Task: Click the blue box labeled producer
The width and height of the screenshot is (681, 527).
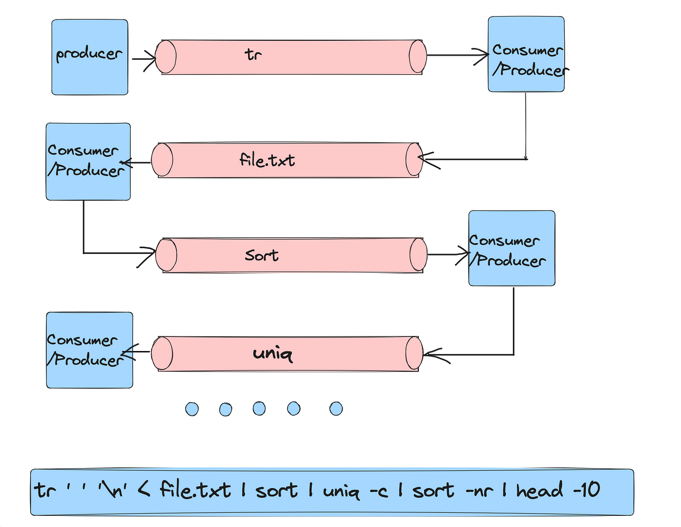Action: (x=90, y=57)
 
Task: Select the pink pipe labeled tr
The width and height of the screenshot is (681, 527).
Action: (x=290, y=57)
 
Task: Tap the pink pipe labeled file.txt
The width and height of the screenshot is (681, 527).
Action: (x=287, y=160)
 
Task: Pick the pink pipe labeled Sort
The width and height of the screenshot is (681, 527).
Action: (x=291, y=255)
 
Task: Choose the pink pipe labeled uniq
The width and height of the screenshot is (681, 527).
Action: (x=287, y=354)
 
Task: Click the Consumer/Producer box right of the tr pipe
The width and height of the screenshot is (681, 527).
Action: (x=526, y=54)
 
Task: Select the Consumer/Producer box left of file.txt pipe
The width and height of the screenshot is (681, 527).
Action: (x=88, y=161)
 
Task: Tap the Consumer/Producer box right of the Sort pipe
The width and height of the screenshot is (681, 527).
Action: (x=512, y=248)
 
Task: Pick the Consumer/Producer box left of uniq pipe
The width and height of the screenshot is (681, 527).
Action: (x=90, y=350)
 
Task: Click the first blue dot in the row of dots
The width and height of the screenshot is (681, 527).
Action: (x=192, y=409)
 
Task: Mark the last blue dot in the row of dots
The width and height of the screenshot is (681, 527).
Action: (x=336, y=409)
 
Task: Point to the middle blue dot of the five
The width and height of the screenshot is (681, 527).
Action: (x=259, y=409)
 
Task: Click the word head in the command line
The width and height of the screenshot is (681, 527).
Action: (x=539, y=490)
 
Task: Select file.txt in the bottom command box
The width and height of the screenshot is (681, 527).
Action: (x=196, y=490)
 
